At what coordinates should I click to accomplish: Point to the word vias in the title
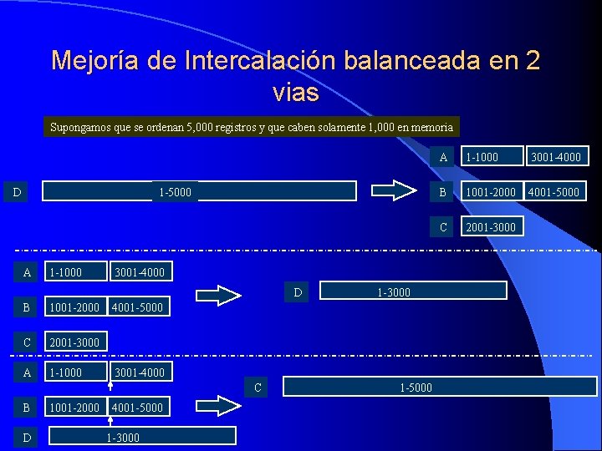295,92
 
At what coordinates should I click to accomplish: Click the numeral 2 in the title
533,61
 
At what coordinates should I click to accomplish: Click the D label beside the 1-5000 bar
18,193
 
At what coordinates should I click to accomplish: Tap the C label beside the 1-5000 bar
258,387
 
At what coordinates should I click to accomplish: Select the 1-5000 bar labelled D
201,192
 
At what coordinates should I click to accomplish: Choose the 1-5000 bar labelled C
440,387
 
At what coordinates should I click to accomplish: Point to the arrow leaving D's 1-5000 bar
393,192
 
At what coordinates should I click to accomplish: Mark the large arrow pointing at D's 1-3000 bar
217,295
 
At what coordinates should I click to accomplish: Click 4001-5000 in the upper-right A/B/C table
553,192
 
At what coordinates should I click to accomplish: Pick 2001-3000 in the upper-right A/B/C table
490,226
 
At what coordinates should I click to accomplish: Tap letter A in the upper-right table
442,157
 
